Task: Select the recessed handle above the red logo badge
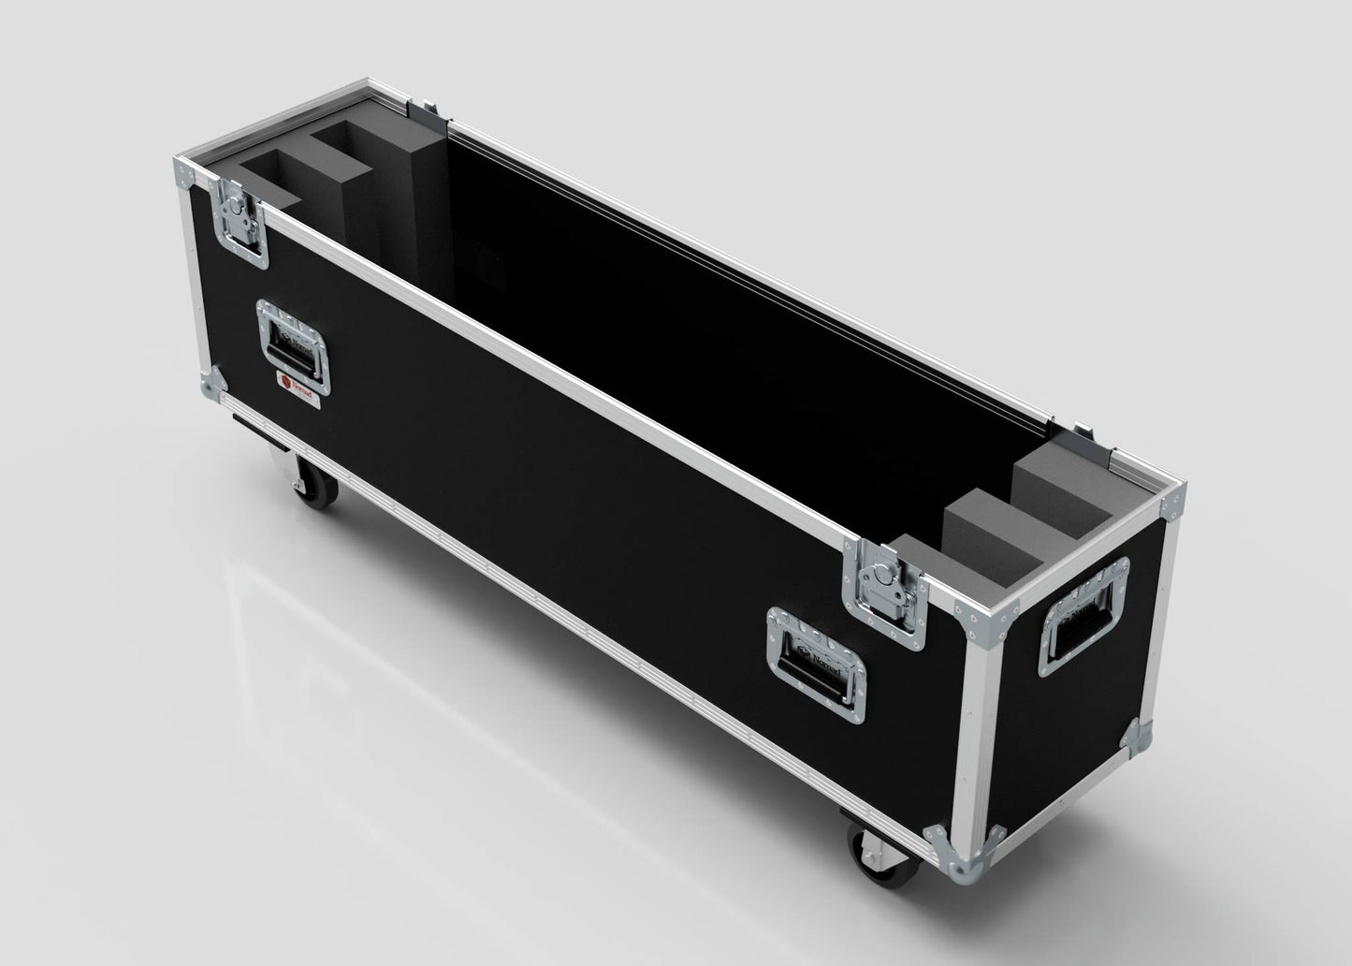(294, 345)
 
